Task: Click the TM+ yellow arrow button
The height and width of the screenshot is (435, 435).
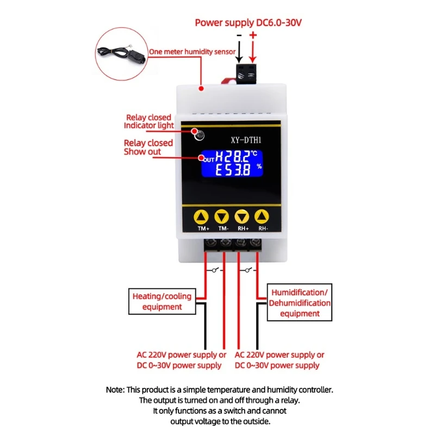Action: coord(202,217)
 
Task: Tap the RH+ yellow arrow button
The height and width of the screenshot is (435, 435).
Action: coord(242,217)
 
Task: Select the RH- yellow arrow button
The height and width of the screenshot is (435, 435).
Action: coord(262,217)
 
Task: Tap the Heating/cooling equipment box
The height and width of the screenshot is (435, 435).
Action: coord(162,301)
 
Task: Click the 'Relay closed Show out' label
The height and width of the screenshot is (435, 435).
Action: coord(148,147)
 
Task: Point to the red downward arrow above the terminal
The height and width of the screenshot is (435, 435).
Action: coord(253,52)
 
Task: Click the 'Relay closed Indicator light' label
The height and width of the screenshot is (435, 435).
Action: coord(148,121)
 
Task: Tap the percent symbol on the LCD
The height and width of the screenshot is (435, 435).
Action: coord(259,166)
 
